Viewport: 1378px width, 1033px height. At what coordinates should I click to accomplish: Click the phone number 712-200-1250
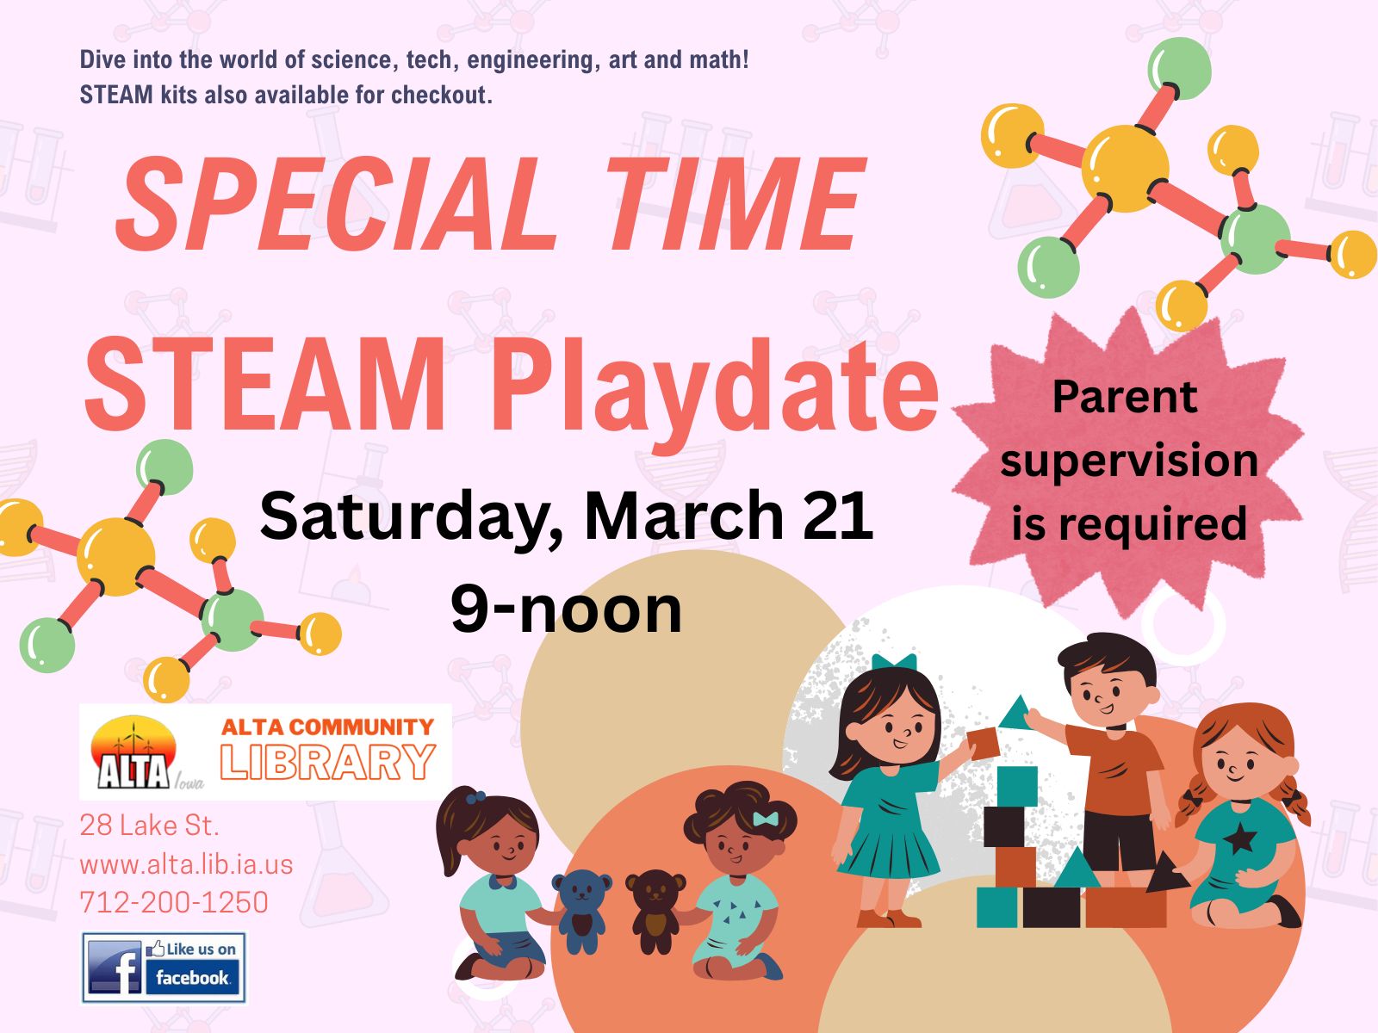click(174, 902)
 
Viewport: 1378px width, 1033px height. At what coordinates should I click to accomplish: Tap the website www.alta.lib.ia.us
click(186, 865)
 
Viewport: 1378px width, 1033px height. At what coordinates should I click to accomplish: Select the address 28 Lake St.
click(149, 826)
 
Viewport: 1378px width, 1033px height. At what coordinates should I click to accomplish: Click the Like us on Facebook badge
click(164, 967)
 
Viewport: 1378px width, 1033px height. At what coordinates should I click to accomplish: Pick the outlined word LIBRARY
click(328, 762)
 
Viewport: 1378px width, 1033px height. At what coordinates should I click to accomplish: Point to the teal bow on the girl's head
click(894, 662)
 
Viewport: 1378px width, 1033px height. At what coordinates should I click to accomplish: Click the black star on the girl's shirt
click(1239, 840)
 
